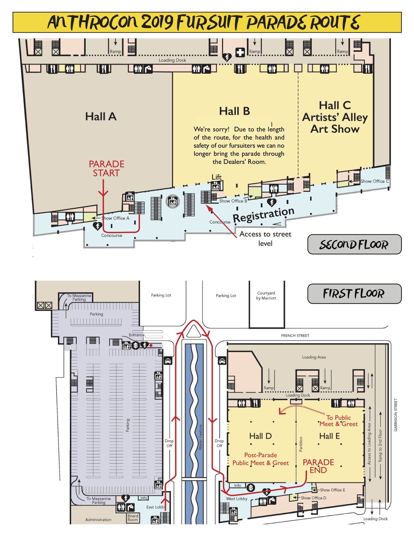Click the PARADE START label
(106, 168)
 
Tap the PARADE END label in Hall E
(318, 466)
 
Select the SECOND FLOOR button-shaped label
(354, 245)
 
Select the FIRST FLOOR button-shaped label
(354, 294)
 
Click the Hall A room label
(101, 117)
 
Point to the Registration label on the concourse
(263, 215)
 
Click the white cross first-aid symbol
(240, 52)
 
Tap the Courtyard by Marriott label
(266, 296)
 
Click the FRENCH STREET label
(295, 335)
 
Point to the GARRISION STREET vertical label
(396, 415)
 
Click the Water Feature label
(200, 437)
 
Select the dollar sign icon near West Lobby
(251, 487)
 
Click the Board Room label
(133, 518)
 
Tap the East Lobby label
(155, 507)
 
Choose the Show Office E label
(332, 490)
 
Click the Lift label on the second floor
(216, 177)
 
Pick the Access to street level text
(265, 239)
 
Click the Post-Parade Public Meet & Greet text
(260, 459)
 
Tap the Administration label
(98, 519)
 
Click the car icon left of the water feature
(168, 361)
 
